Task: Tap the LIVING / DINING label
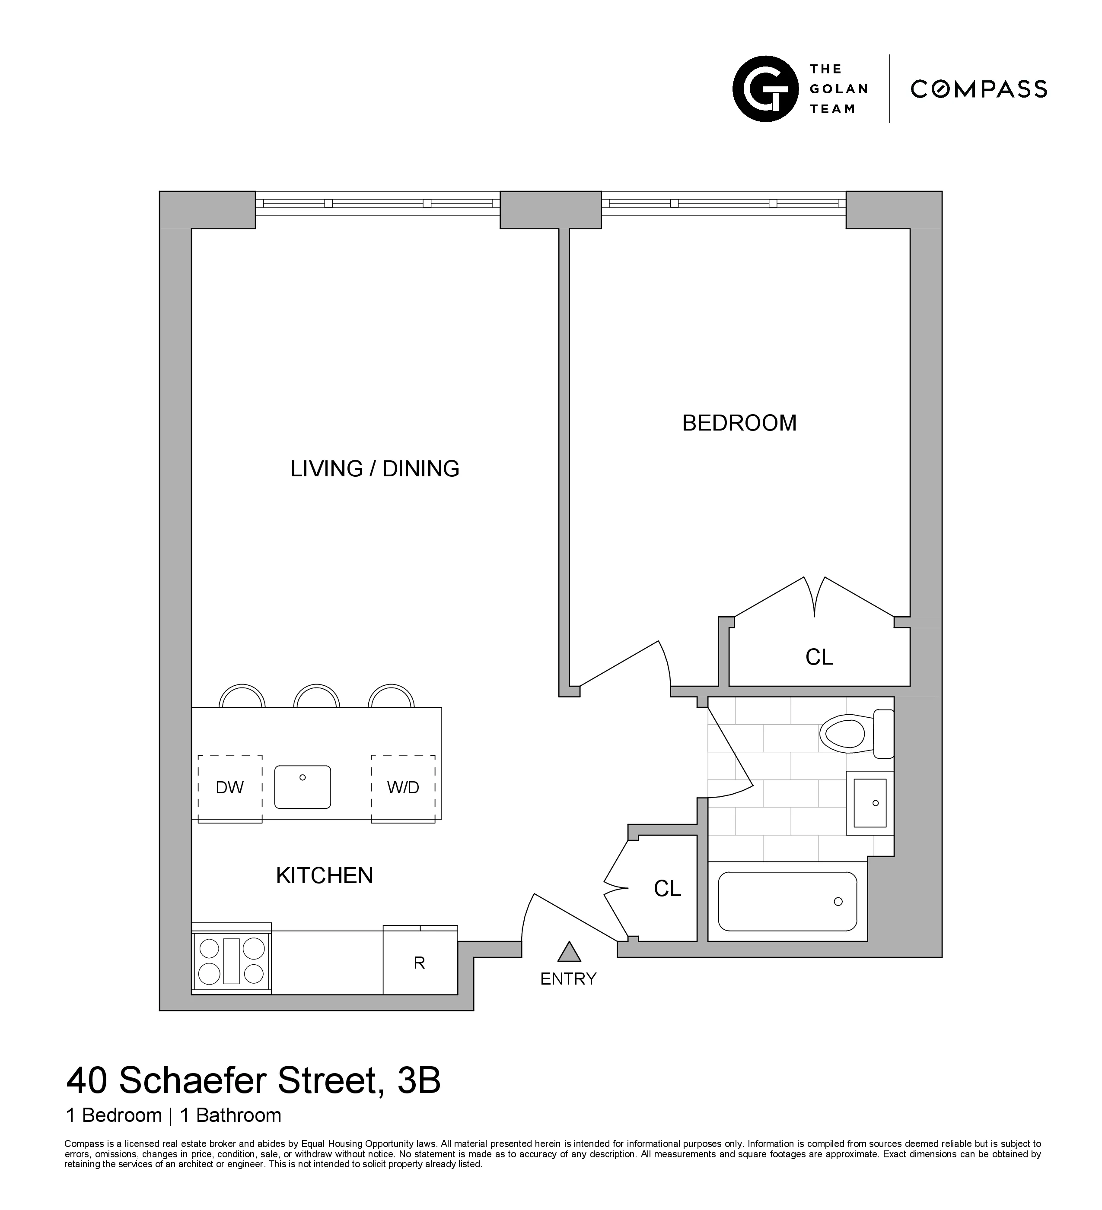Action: [x=375, y=469]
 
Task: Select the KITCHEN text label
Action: [x=324, y=876]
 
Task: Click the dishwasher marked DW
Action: [x=230, y=788]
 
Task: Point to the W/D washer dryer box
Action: [x=403, y=788]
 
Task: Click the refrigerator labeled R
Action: [x=420, y=963]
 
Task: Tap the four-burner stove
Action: [x=231, y=961]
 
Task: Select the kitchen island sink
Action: [x=303, y=787]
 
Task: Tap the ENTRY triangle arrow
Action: [x=569, y=951]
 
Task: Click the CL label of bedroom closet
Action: [x=819, y=657]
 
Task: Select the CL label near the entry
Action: [x=667, y=889]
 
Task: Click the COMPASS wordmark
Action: [x=979, y=89]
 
